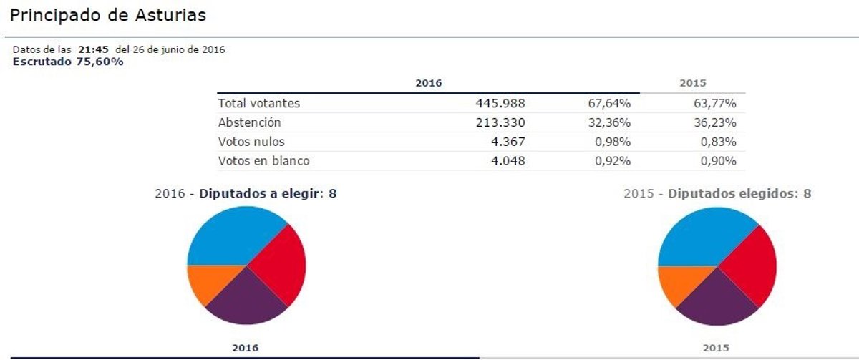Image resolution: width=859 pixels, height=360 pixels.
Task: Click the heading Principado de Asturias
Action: coord(109,16)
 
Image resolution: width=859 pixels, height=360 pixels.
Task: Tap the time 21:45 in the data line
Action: coord(93,49)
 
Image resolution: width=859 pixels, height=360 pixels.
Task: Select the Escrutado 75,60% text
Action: coord(68,62)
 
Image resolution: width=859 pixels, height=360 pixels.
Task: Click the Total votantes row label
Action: coord(259,104)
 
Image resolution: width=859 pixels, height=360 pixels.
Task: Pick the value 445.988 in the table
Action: coord(500,104)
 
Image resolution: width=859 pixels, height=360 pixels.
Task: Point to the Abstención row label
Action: coord(250,123)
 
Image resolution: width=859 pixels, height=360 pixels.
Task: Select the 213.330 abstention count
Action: coord(500,123)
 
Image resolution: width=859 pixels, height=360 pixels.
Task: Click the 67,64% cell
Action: coord(609,104)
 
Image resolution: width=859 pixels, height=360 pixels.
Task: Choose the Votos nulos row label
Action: coord(251,142)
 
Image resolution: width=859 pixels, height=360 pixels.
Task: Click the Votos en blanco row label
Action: coord(264,161)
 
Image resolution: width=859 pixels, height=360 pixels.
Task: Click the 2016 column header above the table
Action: coord(429,84)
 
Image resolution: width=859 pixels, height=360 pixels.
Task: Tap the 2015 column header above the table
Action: coord(692,84)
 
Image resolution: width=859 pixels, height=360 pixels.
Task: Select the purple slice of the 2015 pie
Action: coord(716,301)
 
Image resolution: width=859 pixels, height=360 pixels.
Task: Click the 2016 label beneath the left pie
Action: coord(245,348)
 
